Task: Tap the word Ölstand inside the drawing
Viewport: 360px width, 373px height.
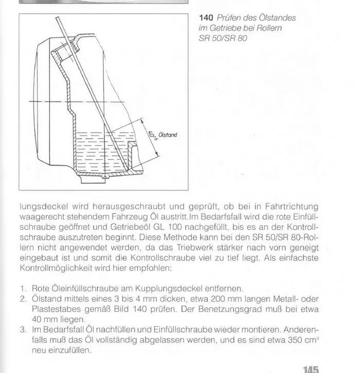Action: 168,135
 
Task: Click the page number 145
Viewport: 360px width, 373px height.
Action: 312,368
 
